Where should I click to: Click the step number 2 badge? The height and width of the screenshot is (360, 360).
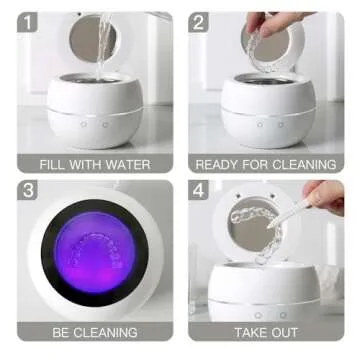pyautogui.click(x=200, y=22)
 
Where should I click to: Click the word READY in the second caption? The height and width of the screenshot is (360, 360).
pyautogui.click(x=218, y=164)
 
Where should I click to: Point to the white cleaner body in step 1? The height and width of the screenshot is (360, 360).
pyautogui.click(x=95, y=115)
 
